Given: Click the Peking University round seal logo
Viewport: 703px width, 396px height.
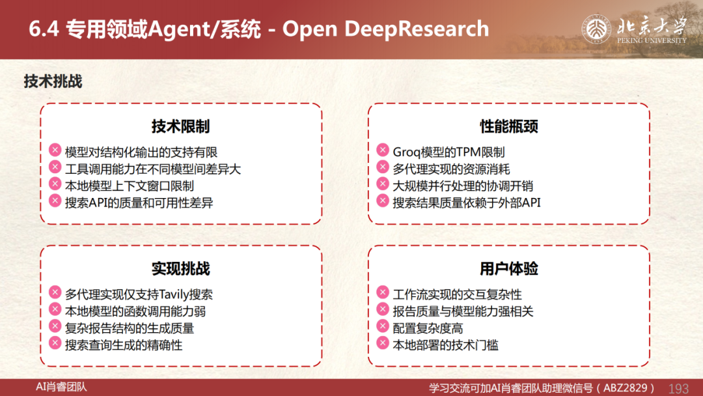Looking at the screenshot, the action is click(x=596, y=29).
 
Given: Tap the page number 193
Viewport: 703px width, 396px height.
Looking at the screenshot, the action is click(x=678, y=388).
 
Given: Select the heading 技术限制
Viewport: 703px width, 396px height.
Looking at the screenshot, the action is click(x=181, y=126).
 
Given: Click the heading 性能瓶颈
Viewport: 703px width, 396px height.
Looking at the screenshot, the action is click(x=509, y=126).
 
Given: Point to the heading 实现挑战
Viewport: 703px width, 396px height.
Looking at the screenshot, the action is click(x=181, y=268).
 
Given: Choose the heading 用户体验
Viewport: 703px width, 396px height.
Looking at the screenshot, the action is click(x=509, y=268).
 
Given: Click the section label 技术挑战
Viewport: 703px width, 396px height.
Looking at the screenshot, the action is click(x=53, y=81).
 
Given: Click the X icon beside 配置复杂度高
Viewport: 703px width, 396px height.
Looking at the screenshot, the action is click(x=383, y=326).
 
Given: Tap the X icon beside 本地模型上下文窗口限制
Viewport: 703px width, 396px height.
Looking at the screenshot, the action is click(x=55, y=184).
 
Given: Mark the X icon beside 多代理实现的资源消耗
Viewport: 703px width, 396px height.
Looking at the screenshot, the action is click(x=383, y=167).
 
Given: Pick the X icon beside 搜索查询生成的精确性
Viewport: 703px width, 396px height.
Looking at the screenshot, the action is click(x=55, y=343).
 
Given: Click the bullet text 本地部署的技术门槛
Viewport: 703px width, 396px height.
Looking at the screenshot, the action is click(x=445, y=345).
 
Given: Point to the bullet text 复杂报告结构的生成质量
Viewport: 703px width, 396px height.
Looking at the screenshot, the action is click(x=130, y=328).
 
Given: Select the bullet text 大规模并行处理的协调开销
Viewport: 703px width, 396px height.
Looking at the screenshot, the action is click(x=463, y=186).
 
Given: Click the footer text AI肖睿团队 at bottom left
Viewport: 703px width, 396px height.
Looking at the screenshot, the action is click(x=61, y=387).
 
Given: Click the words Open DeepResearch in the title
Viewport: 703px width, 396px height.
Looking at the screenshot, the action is click(x=385, y=29).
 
